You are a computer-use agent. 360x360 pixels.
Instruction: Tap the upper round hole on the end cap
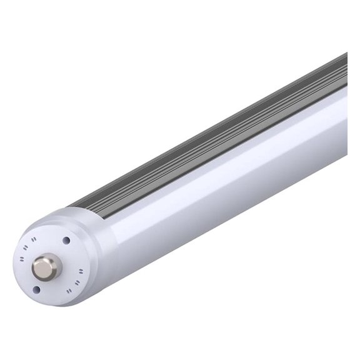(66, 240)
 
